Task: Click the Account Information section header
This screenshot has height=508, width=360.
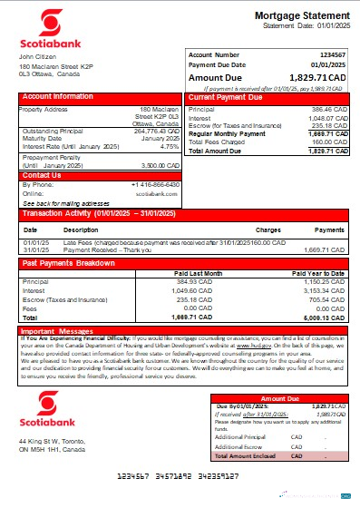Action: [58, 96]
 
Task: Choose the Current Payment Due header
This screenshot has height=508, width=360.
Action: [228, 96]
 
